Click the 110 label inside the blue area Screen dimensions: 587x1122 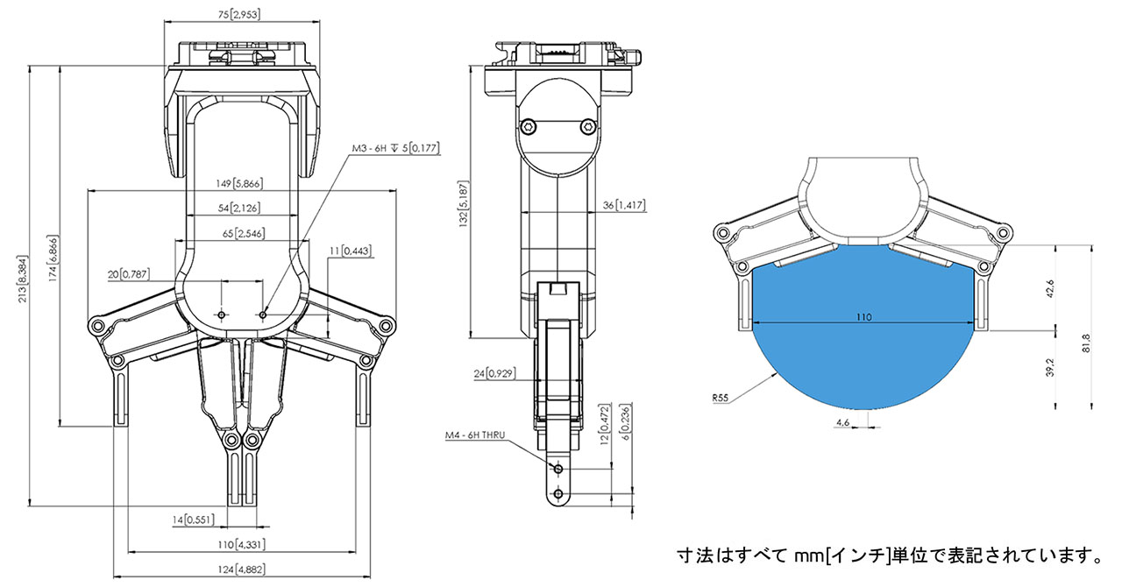863,318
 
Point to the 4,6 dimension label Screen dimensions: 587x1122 843,422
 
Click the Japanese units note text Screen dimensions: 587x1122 889,555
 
